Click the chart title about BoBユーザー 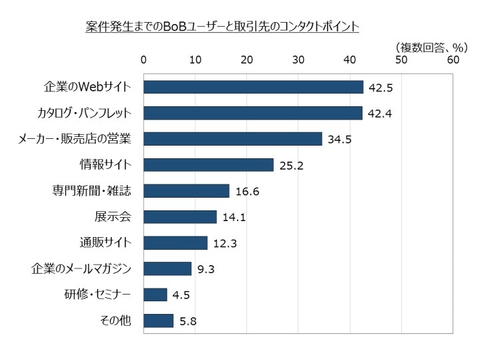[222, 27]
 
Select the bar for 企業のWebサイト [253, 87]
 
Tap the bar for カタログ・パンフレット [253, 113]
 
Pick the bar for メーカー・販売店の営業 [232, 139]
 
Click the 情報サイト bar [208, 165]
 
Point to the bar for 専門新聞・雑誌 [186, 191]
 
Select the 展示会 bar [180, 216]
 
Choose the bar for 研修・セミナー [155, 295]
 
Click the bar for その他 [158, 321]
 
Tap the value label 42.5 [379, 87]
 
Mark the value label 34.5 [338, 140]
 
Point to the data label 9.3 [205, 269]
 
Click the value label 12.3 [225, 243]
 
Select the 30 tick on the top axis [298, 60]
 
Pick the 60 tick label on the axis [453, 60]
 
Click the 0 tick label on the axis [144, 60]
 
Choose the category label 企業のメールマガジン [81, 268]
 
